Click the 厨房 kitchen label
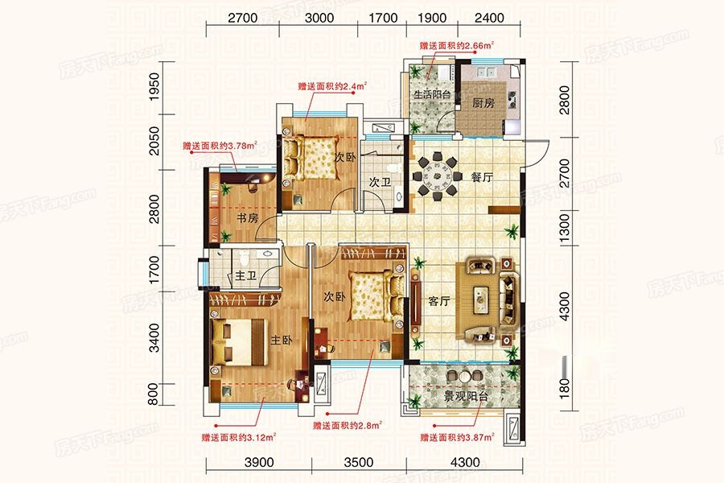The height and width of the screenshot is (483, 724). (483, 102)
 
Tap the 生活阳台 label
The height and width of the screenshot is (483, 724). (431, 95)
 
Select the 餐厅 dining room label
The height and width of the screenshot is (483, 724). (482, 176)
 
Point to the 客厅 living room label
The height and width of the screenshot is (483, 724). (438, 301)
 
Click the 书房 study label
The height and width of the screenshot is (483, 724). (247, 217)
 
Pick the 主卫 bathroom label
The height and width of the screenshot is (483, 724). (245, 276)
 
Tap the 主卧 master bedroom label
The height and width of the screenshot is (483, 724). (282, 341)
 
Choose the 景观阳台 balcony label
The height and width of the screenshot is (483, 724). (466, 396)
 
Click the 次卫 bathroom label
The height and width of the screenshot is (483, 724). (380, 182)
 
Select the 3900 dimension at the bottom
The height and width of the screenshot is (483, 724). (258, 462)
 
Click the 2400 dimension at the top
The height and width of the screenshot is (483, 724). (489, 18)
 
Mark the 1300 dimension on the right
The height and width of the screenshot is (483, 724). (564, 229)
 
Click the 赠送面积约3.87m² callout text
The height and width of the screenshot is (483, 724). (457, 437)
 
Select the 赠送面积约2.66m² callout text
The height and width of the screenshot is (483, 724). (457, 45)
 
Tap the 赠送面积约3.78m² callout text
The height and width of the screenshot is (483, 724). (220, 146)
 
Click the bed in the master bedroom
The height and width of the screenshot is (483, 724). (238, 342)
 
